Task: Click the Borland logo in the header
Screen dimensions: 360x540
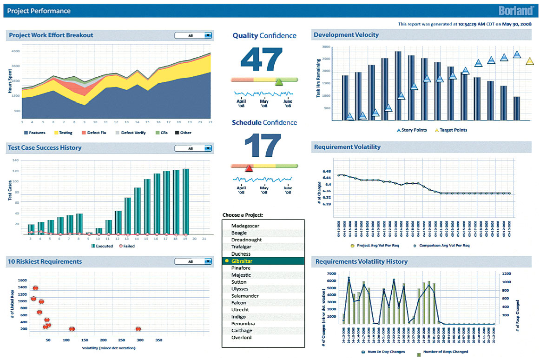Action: [x=516, y=10]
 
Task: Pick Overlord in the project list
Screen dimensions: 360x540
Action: [x=241, y=338]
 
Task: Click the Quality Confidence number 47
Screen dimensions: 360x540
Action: [x=262, y=60]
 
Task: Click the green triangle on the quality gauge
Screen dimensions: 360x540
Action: [x=279, y=82]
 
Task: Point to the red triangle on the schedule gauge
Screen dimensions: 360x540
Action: [x=249, y=168]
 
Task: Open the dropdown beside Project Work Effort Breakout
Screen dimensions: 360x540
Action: [x=207, y=35]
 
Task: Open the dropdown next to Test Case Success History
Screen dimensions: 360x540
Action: [x=207, y=148]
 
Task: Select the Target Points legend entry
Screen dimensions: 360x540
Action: [x=451, y=130]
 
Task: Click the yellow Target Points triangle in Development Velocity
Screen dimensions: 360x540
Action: [x=530, y=61]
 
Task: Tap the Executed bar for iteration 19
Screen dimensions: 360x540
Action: [x=186, y=202]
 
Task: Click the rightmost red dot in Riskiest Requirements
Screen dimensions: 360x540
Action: [x=138, y=329]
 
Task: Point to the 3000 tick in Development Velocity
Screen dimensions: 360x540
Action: [x=325, y=47]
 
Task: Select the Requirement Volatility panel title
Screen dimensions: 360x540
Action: [x=347, y=147]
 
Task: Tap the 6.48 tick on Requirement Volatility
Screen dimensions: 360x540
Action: [x=326, y=171]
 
